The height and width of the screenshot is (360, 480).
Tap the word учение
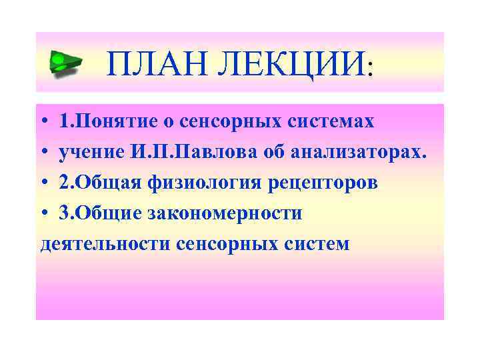[90, 153]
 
